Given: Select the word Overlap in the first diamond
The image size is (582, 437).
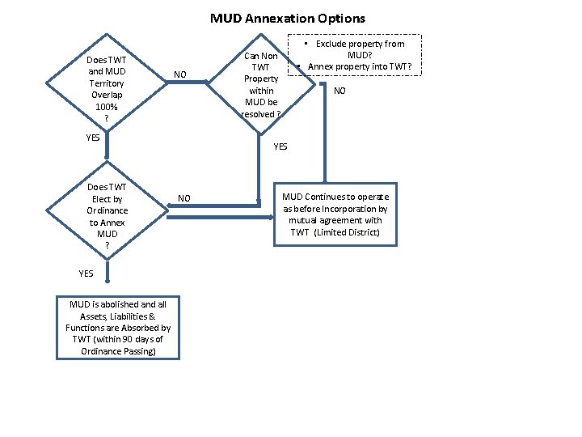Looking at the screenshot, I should coord(107,95).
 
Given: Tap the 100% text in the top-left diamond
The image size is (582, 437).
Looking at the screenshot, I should coord(107,106).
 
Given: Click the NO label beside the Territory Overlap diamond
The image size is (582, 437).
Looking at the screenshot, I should coord(179,74).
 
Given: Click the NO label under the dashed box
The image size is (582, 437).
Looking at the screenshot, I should coord(339,91).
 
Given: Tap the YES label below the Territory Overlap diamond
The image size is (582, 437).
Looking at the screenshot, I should coord(93,137).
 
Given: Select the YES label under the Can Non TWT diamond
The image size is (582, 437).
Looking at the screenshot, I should coord(280,146).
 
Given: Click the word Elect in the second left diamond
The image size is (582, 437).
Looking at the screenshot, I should coord(102,199).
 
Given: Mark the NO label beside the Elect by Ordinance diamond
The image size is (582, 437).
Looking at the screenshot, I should coord(184,198).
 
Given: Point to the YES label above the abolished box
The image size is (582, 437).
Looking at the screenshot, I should coord(86,273).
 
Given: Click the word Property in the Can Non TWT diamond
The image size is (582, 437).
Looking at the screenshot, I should coord(262,78).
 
